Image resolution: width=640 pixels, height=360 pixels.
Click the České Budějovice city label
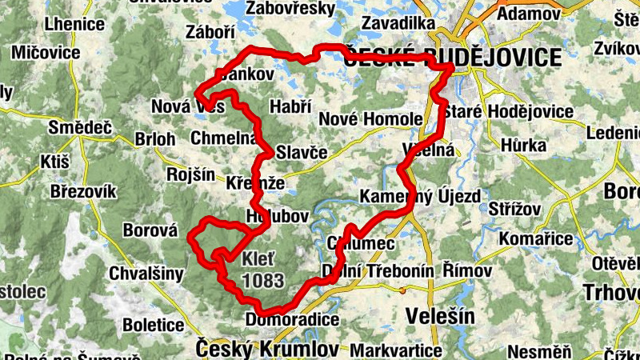(x=452, y=58)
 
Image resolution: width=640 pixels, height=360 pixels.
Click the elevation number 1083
(x=263, y=281)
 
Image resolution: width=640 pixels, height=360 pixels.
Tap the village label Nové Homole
(x=370, y=119)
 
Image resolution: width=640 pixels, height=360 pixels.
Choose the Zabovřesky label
(x=290, y=9)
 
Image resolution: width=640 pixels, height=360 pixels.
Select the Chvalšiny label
(x=149, y=272)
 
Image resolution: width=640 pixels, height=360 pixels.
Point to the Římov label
(x=467, y=270)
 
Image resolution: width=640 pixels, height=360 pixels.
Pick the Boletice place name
(x=154, y=326)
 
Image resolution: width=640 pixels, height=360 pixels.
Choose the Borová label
(x=149, y=231)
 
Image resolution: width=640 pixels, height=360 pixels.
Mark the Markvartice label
(x=396, y=351)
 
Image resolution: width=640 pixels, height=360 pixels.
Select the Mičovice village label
(x=46, y=53)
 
